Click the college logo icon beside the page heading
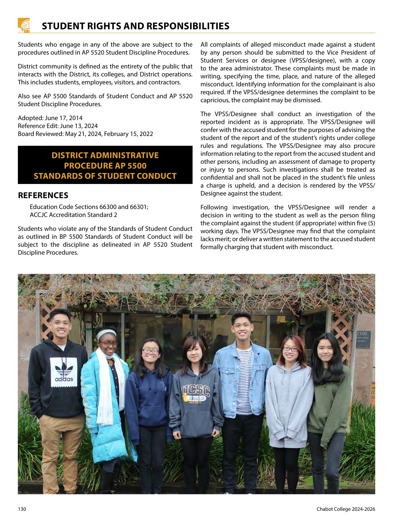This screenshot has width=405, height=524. point(24,25)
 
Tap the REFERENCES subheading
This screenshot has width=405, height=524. point(43,196)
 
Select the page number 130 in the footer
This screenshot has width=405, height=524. point(22,509)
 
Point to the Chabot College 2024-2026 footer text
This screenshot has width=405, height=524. point(346,509)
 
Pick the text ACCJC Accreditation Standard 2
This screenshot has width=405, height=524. point(73,215)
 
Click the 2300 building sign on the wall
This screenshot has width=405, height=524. point(362,334)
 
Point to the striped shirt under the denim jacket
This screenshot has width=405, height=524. point(244,380)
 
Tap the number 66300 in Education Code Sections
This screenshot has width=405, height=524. point(108,207)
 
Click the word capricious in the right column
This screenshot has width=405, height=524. point(215,100)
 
